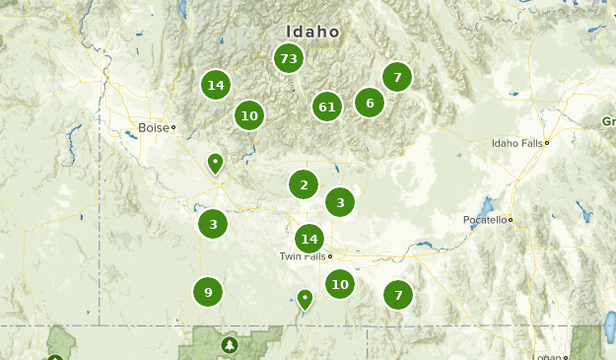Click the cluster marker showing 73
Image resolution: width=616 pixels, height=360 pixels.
pyautogui.click(x=288, y=58)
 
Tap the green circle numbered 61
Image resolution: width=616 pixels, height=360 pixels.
pyautogui.click(x=327, y=107)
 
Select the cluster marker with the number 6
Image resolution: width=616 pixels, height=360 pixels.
pyautogui.click(x=370, y=103)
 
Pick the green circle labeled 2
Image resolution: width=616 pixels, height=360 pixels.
pyautogui.click(x=304, y=184)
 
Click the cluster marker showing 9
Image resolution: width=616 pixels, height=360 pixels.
pyautogui.click(x=208, y=292)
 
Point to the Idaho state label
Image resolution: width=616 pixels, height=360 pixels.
pyautogui.click(x=313, y=32)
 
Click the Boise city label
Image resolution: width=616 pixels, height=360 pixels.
pyautogui.click(x=154, y=127)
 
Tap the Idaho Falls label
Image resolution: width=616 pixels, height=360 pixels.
pyautogui.click(x=517, y=143)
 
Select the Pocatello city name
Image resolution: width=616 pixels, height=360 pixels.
pyautogui.click(x=486, y=219)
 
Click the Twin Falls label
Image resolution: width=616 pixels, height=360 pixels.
pyautogui.click(x=302, y=256)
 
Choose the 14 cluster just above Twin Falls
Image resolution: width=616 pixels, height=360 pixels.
pyautogui.click(x=309, y=239)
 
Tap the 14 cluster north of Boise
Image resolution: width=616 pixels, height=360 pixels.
pyautogui.click(x=216, y=86)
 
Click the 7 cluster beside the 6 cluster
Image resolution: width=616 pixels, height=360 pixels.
pyautogui.click(x=397, y=76)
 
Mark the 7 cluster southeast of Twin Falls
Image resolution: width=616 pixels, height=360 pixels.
pyautogui.click(x=398, y=294)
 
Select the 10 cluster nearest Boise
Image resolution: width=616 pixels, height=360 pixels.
pyautogui.click(x=249, y=116)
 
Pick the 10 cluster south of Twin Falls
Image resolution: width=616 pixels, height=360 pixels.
pyautogui.click(x=340, y=285)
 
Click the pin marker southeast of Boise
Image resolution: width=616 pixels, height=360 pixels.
pyautogui.click(x=216, y=163)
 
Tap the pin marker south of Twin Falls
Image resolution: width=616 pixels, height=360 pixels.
pyautogui.click(x=306, y=298)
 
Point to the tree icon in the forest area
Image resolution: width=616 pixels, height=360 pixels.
pyautogui.click(x=230, y=344)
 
